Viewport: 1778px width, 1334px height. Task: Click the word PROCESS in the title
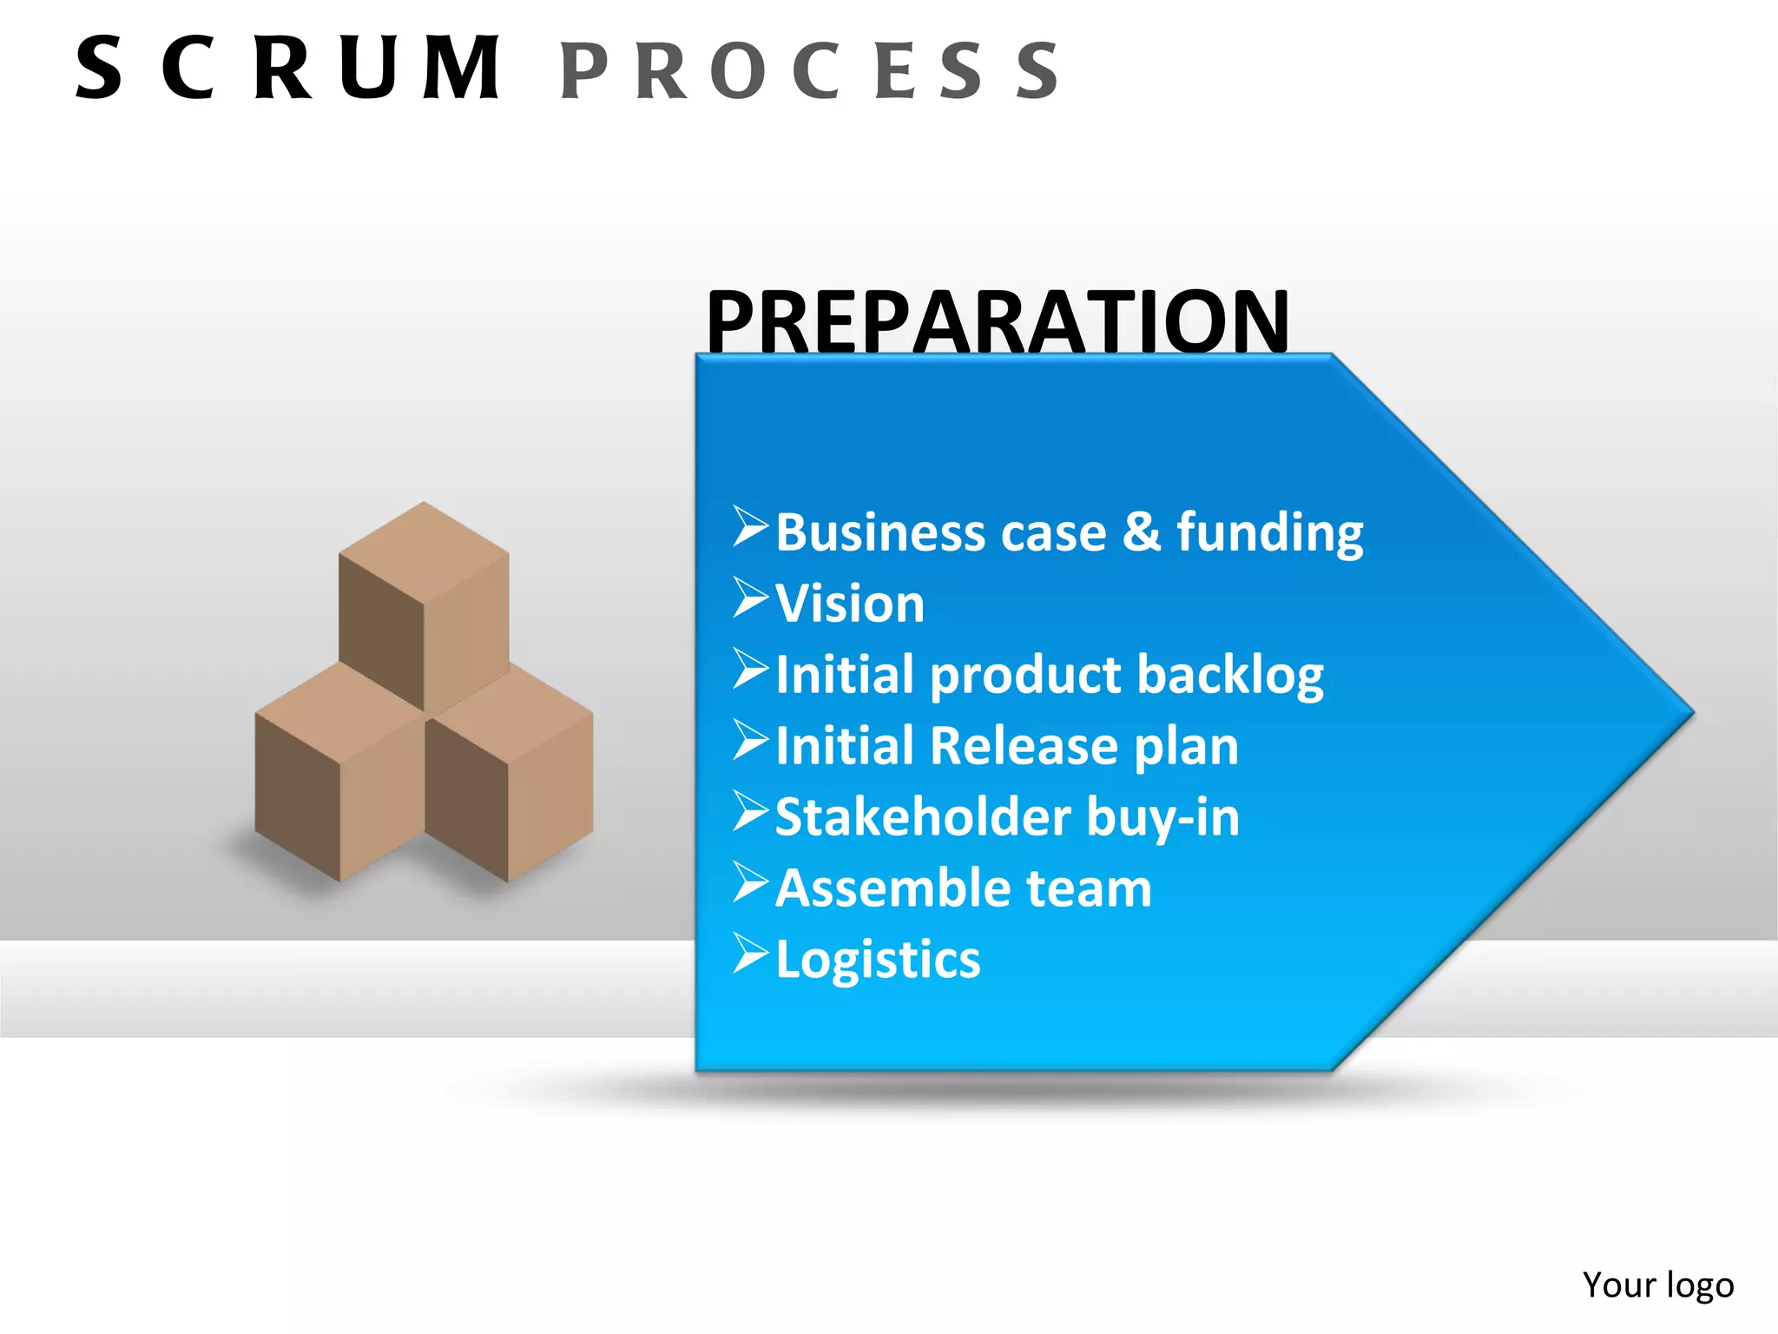point(809,70)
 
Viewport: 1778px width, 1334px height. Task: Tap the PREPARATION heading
point(998,321)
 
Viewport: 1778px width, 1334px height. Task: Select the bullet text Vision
point(850,603)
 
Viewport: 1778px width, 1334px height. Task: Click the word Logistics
point(878,960)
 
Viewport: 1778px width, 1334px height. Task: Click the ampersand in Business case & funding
point(1142,532)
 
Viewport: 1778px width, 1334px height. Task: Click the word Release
point(1024,746)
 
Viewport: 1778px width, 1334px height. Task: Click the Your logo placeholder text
point(1657,1284)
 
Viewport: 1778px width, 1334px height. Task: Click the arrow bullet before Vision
point(750,598)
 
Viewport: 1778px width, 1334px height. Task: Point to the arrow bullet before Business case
point(750,526)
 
